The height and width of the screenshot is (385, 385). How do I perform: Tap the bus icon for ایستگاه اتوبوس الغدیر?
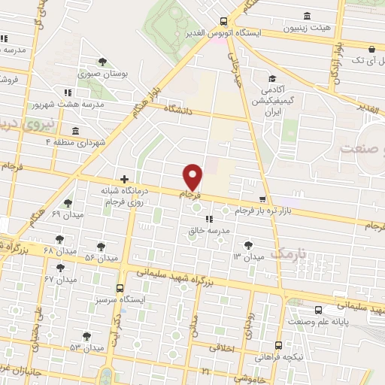[x=223, y=22]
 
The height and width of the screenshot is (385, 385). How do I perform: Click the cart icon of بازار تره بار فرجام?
[x=262, y=199]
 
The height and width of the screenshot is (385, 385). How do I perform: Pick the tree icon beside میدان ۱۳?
[x=249, y=244]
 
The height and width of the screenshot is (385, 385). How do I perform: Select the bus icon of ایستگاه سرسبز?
[x=120, y=288]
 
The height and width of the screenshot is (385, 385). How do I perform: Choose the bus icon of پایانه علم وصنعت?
[x=319, y=310]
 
